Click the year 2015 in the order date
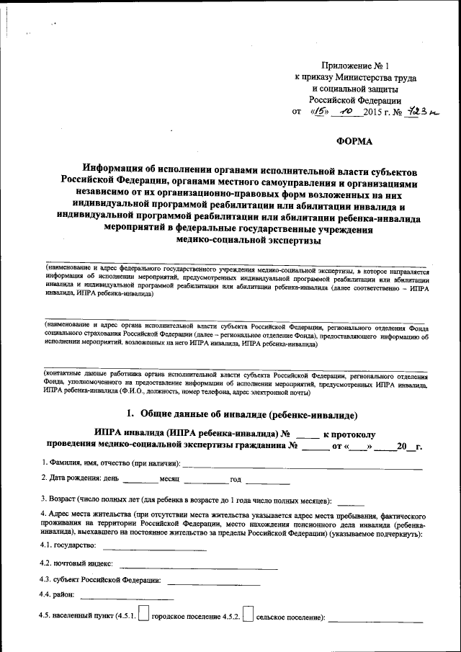pos(375,112)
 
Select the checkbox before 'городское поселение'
pos(144,614)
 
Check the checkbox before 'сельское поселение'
pos(248,614)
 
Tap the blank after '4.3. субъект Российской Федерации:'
pos(210,581)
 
